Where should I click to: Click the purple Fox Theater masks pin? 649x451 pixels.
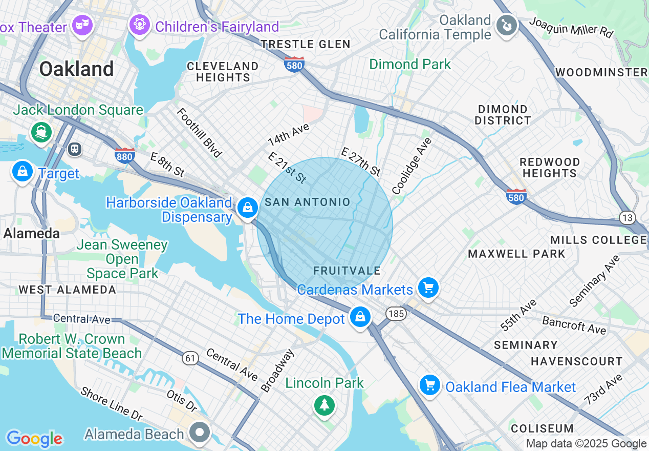(x=82, y=24)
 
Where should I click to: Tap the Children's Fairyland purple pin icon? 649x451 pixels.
(x=139, y=24)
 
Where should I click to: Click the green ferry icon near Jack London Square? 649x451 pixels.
(x=41, y=132)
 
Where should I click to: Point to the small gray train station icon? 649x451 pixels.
(x=75, y=149)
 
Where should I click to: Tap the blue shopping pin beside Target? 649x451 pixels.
(x=23, y=172)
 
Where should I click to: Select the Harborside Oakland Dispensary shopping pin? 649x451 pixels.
(x=247, y=208)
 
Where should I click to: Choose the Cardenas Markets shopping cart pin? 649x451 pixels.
(x=428, y=288)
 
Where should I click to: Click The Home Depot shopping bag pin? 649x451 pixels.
(x=360, y=317)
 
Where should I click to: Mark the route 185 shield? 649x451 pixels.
(x=396, y=314)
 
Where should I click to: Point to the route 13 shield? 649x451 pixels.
(x=627, y=218)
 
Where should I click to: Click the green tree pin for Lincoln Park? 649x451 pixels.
(x=324, y=405)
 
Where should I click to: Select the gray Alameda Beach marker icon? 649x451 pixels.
(x=200, y=432)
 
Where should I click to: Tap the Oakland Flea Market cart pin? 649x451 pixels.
(x=429, y=385)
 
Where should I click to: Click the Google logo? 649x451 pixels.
(x=34, y=438)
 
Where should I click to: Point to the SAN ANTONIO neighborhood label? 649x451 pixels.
(x=307, y=202)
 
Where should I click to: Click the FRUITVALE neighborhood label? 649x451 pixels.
(x=347, y=271)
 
